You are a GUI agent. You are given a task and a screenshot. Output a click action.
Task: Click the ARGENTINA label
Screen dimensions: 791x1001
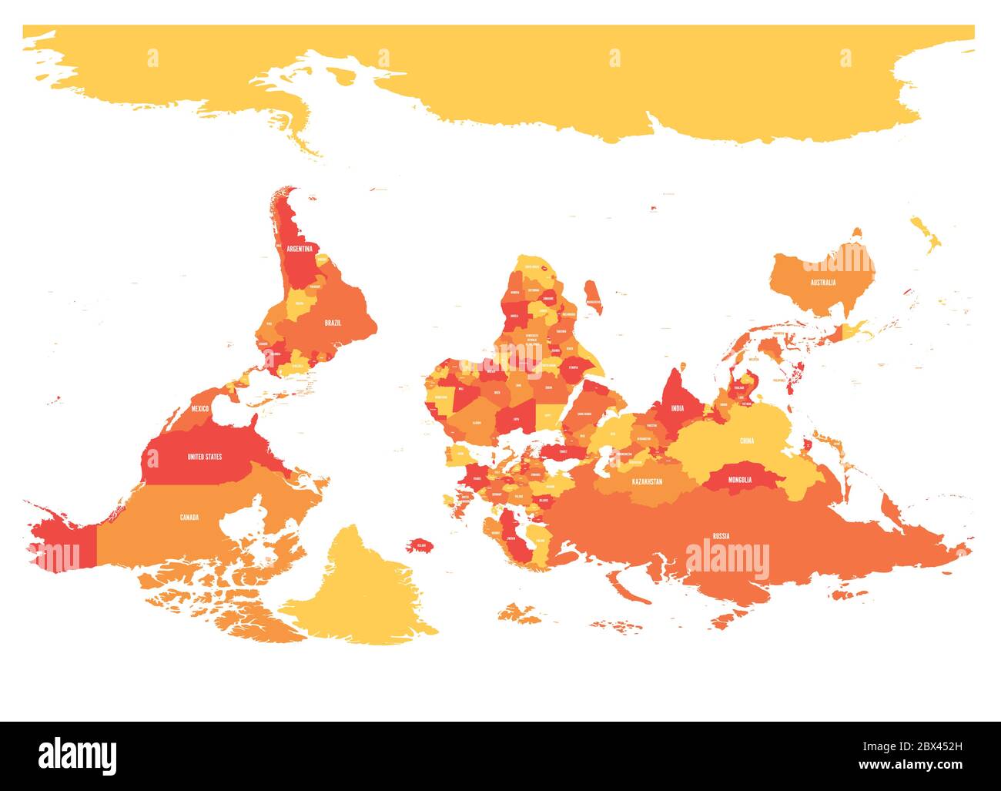point(300,249)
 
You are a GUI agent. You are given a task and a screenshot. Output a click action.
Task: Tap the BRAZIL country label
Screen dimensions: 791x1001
point(333,323)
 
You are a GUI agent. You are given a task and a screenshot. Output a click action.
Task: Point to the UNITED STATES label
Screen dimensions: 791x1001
point(205,457)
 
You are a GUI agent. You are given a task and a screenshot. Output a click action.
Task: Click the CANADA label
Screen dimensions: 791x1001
point(189,517)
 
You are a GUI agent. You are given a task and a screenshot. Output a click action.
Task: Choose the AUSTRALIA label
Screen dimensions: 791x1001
point(822,283)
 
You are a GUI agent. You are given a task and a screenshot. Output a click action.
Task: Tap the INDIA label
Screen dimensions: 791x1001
point(678,409)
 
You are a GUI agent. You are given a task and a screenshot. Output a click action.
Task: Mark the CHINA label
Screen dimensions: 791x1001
point(747,441)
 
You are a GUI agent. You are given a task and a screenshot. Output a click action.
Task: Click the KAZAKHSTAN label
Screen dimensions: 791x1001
point(647,481)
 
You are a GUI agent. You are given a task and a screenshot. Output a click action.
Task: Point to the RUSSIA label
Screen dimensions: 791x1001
point(721,535)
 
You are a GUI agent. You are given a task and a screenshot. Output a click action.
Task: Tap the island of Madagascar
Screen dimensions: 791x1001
point(592,297)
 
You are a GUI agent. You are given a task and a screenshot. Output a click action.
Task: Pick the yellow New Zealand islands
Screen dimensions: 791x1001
point(927,234)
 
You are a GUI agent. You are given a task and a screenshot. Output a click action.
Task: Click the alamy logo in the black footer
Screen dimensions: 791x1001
point(78,756)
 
